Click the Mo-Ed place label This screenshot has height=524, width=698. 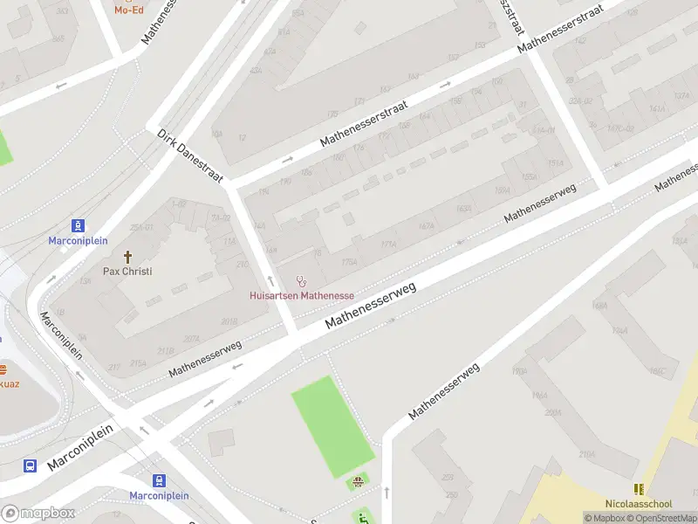click(128, 10)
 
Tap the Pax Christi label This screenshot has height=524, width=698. click(127, 271)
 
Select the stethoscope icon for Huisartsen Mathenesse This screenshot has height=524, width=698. click(302, 281)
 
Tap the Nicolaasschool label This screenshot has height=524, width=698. click(639, 504)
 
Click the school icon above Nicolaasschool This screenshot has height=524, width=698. click(639, 490)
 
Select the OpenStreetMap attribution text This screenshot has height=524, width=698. click(660, 518)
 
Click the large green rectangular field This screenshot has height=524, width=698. click(332, 426)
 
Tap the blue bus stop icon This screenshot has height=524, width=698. click(30, 465)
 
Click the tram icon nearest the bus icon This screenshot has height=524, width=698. click(159, 480)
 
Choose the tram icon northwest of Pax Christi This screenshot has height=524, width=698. click(79, 225)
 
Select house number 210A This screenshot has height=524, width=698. click(586, 454)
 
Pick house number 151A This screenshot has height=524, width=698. click(555, 163)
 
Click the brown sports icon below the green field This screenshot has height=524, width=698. click(357, 481)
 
